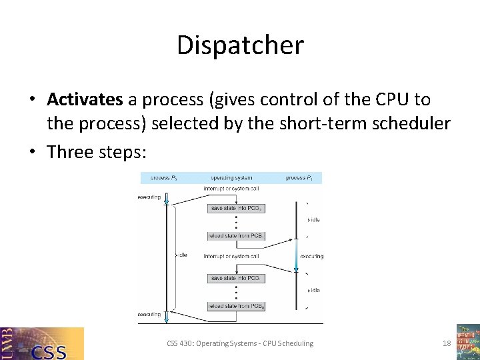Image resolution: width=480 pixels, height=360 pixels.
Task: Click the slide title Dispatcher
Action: pyautogui.click(x=240, y=45)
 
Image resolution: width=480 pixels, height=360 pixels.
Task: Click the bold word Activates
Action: pyautogui.click(x=85, y=100)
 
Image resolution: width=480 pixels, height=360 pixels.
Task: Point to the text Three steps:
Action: pyautogui.click(x=97, y=151)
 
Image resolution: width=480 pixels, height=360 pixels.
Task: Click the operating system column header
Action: pyautogui.click(x=231, y=178)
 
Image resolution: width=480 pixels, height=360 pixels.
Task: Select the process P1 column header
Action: pyautogui.click(x=303, y=178)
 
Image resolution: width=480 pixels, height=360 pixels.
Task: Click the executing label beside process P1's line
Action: pyautogui.click(x=311, y=256)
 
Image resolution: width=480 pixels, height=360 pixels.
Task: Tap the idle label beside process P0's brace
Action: pyautogui.click(x=183, y=255)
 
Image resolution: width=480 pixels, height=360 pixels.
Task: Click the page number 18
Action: pyautogui.click(x=447, y=343)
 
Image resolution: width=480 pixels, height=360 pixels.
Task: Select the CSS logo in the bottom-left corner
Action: pyautogui.click(x=42, y=343)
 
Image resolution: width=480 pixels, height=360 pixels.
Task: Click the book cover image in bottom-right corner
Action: pyautogui.click(x=467, y=341)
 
